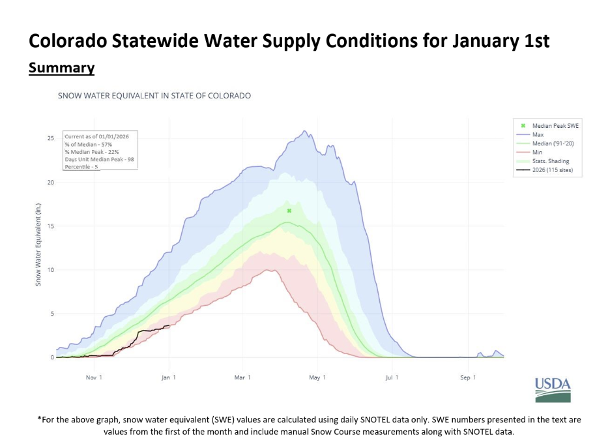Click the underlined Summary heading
click(x=61, y=68)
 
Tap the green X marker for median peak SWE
click(x=289, y=211)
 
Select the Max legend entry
click(x=538, y=134)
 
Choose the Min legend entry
click(x=537, y=152)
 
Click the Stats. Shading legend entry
click(x=550, y=161)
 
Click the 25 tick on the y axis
click(x=50, y=138)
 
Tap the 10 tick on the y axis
click(x=50, y=270)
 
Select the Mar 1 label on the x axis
click(x=242, y=378)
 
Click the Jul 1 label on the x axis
click(x=392, y=378)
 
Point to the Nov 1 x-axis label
click(x=93, y=378)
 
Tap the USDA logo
click(x=553, y=390)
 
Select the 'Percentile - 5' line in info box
click(x=81, y=166)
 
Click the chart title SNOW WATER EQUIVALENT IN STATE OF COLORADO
click(x=154, y=95)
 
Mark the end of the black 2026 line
click(x=169, y=325)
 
